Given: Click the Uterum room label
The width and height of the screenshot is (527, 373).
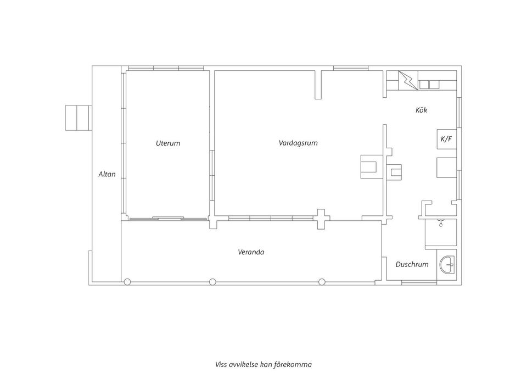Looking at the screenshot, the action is [168, 143].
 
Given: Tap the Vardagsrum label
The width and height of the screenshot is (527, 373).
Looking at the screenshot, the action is [298, 143].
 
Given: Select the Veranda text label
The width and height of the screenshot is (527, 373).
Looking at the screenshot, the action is [251, 252].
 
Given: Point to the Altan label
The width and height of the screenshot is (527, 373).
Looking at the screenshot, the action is [107, 174].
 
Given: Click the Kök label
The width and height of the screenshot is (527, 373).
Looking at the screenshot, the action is [422, 110].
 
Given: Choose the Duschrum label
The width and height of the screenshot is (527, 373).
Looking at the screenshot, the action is [412, 264].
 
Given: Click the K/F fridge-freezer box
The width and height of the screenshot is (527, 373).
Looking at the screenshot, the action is [447, 139].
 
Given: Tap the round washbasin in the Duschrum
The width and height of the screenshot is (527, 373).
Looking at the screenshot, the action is [447, 264].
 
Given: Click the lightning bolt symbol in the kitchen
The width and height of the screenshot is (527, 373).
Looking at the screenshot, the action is [408, 80].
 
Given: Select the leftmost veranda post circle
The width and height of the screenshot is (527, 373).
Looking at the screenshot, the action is [127, 282].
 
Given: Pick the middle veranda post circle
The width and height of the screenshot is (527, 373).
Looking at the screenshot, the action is [212, 282].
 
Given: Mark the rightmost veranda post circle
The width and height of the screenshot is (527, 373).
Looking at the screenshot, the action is [322, 282].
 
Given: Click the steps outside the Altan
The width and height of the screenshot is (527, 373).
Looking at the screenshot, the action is [79, 118].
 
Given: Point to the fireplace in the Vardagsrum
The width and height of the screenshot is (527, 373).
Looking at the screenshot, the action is [372, 166].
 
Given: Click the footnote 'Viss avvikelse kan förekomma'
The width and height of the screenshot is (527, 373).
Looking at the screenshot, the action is [263, 364].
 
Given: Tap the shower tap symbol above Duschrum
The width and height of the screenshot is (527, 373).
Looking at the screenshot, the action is [440, 222].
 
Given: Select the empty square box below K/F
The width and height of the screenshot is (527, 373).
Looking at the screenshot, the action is [447, 167].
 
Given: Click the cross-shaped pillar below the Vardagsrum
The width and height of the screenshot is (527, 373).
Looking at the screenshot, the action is [321, 219].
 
